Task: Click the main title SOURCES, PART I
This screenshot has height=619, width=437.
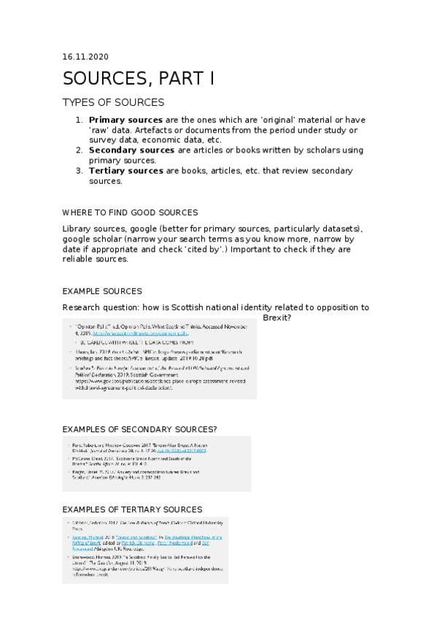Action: point(138,79)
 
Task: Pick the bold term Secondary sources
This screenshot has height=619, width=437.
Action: point(131,150)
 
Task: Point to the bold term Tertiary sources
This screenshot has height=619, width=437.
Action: point(125,171)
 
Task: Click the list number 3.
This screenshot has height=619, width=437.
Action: point(80,171)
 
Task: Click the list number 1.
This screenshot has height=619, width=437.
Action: point(80,120)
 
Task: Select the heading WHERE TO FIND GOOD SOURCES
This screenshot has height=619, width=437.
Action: point(130,212)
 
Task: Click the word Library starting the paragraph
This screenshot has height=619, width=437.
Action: point(77,228)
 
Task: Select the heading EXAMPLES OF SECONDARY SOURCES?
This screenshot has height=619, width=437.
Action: point(139,428)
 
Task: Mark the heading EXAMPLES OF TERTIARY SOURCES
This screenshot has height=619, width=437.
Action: point(132,509)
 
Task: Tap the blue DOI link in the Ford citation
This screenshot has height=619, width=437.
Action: point(212,452)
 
